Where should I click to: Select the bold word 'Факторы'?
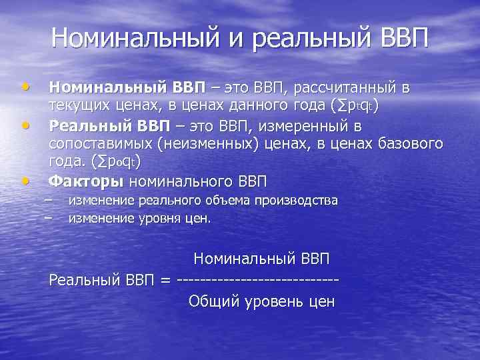click(x=86, y=181)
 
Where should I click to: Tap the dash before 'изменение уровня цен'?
click(x=47, y=217)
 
